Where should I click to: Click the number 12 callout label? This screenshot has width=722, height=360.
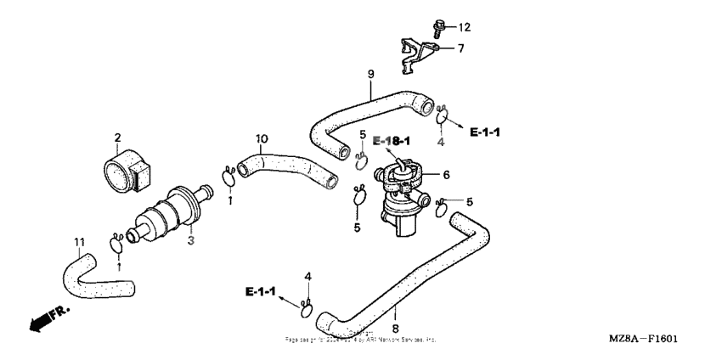464,26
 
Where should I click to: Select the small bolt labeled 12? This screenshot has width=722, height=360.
441,27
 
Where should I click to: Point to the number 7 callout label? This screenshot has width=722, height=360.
460,49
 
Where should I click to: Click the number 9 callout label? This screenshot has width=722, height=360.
370,75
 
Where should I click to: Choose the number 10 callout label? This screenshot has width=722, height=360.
262,138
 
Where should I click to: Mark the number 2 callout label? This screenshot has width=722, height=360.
118,137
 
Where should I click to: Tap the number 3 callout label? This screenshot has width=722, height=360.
191,242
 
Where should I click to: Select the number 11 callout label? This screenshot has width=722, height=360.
79,242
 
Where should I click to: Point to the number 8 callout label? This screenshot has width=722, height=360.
396,327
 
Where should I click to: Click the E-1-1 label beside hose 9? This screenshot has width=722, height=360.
485,133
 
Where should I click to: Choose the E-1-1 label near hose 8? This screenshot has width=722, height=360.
262,292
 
